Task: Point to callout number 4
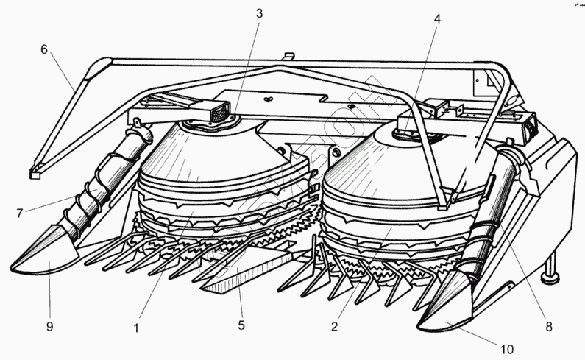click(438, 18)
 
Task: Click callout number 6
click(44, 49)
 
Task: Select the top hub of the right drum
click(408, 133)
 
